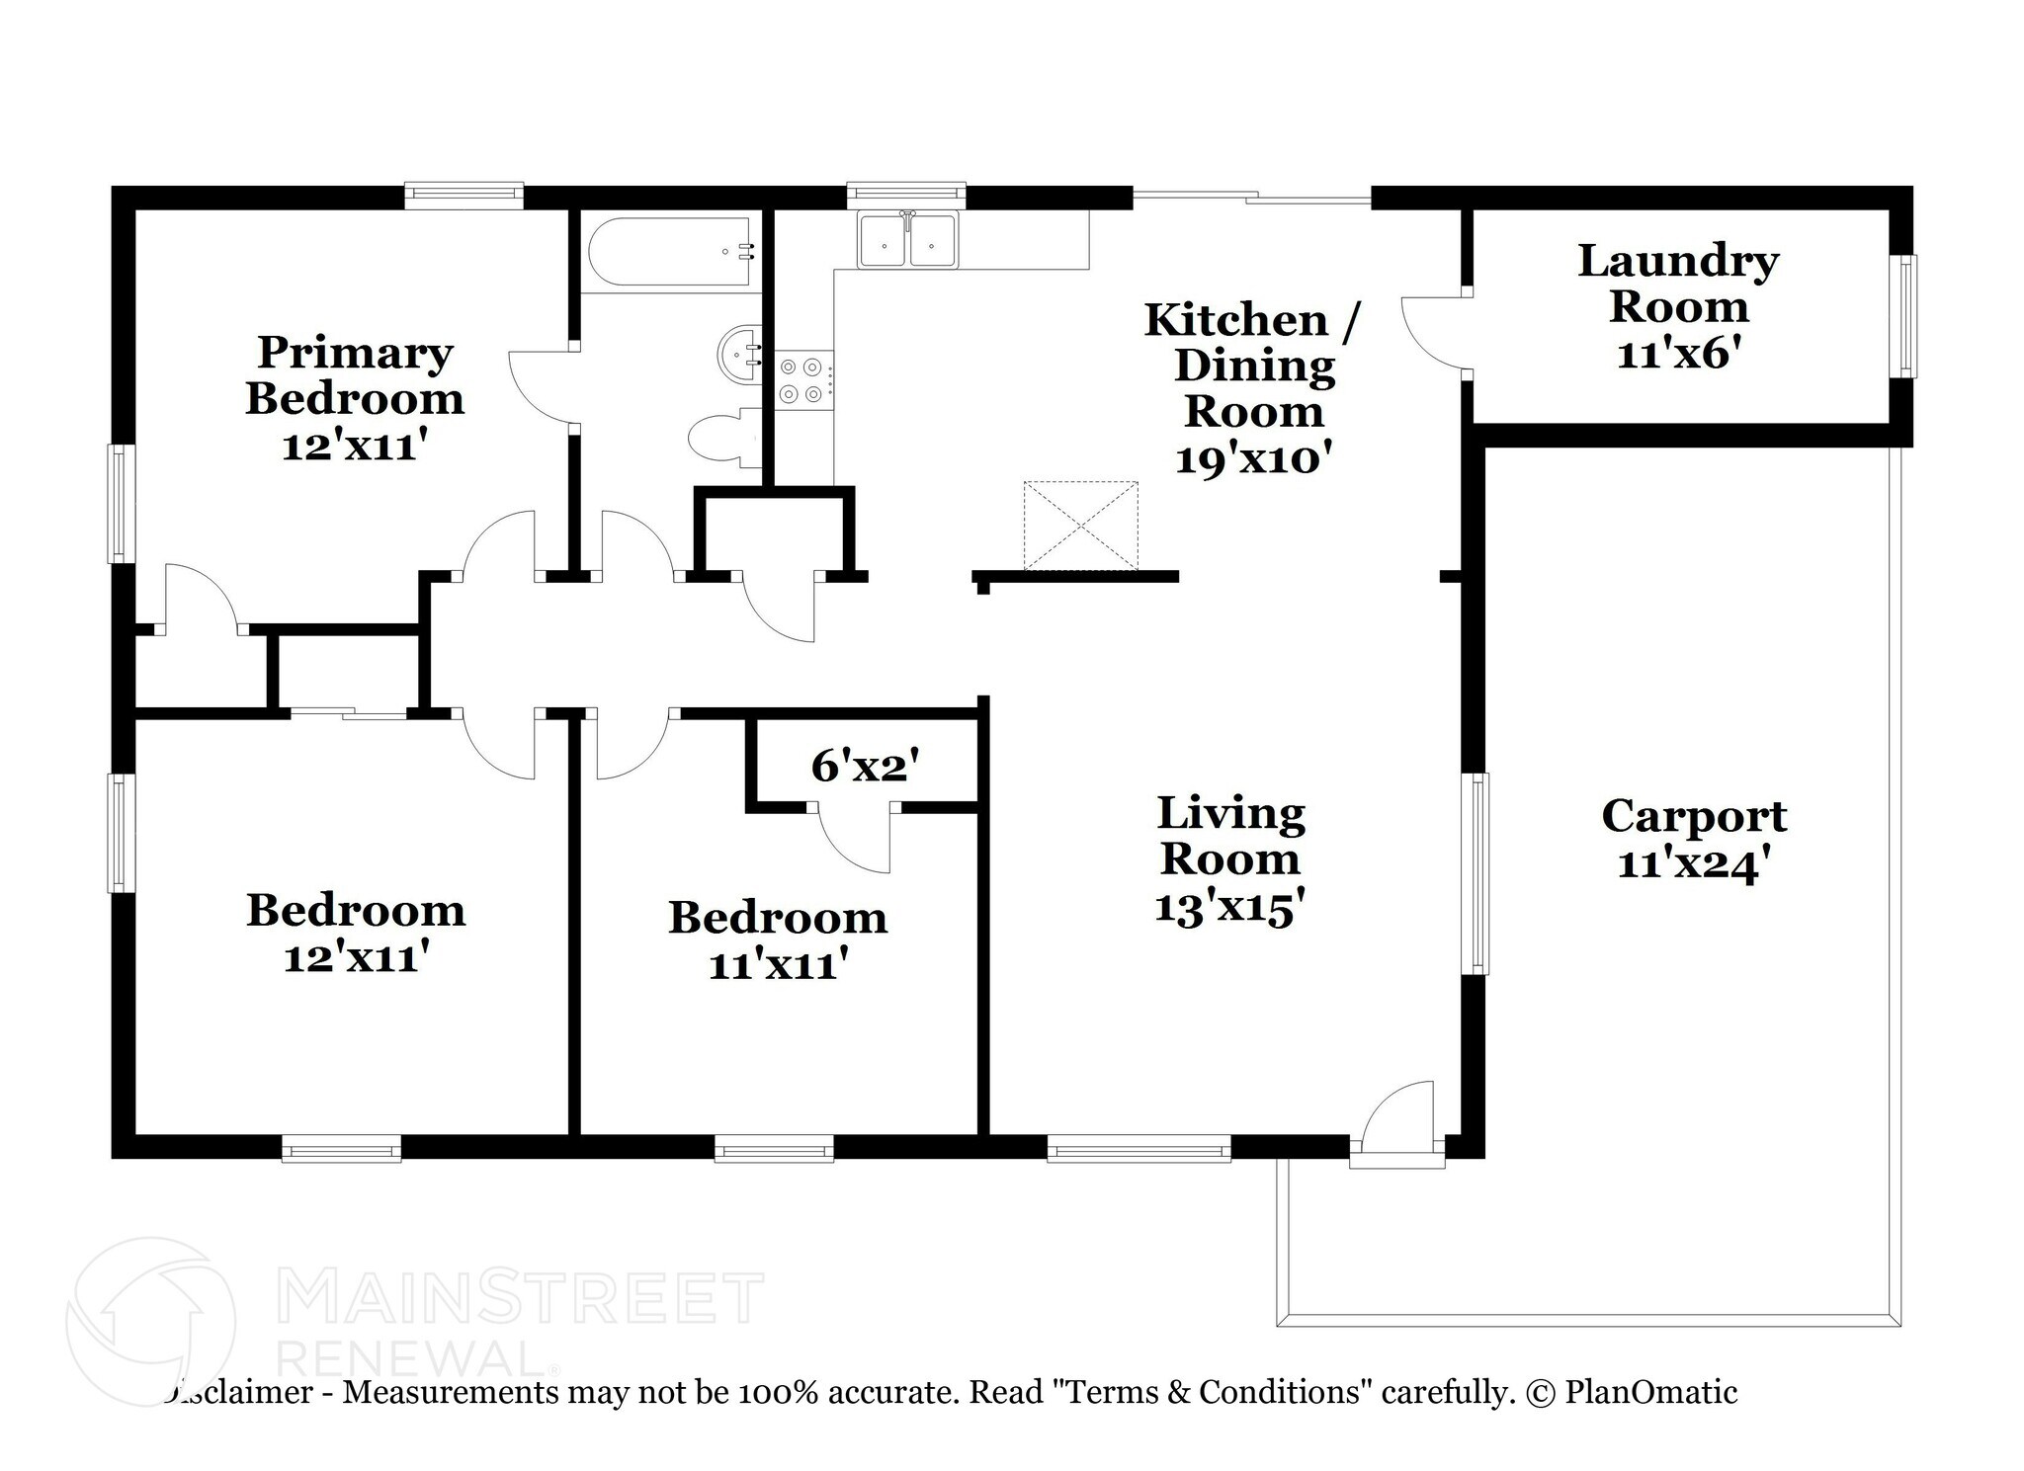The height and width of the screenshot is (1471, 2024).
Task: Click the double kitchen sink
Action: (x=907, y=240)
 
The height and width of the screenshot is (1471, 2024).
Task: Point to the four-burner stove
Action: (x=801, y=380)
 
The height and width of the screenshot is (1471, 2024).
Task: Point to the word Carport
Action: (x=1693, y=817)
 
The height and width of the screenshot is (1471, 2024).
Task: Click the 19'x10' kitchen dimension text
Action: (x=1253, y=458)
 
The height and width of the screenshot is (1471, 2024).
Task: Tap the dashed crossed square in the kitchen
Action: (x=1080, y=526)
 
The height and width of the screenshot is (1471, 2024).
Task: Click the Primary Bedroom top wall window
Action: (x=464, y=195)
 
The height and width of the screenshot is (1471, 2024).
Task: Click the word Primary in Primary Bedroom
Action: (x=355, y=353)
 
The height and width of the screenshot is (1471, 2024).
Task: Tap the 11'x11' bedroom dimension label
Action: (x=778, y=964)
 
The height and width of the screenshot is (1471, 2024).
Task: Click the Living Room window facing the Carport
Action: (x=1476, y=873)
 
